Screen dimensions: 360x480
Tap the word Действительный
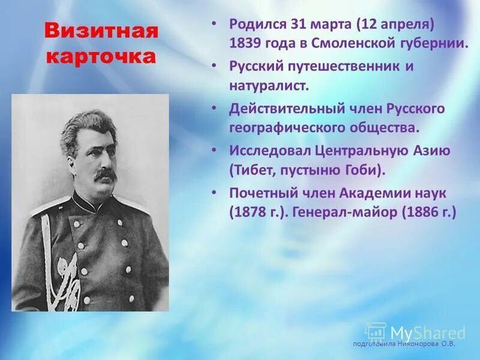285,109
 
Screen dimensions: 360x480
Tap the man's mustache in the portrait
104,174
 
